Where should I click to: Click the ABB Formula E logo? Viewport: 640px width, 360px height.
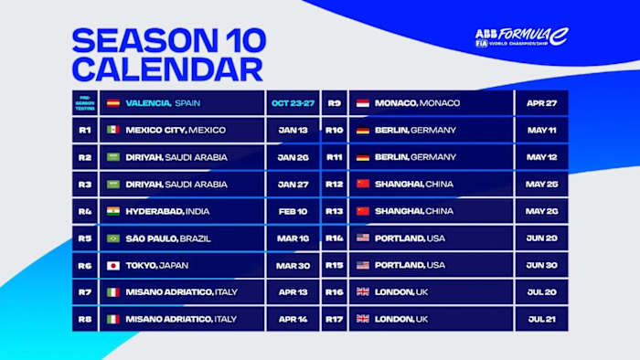(x=521, y=37)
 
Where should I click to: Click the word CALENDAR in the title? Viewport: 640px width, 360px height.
(x=167, y=69)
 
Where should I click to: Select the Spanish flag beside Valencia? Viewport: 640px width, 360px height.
(x=113, y=103)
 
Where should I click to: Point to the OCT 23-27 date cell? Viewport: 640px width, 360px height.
(x=292, y=103)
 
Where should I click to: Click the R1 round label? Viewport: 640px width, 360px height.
(x=84, y=130)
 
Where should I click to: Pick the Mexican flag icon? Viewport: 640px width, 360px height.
(x=113, y=130)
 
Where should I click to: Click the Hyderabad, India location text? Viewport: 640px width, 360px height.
(x=168, y=211)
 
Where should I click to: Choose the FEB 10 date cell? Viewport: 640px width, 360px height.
(x=292, y=211)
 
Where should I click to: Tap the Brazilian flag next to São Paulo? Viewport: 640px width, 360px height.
(x=113, y=238)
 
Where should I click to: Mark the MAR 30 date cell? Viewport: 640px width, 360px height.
(x=292, y=265)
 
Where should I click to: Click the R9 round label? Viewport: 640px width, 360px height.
(x=334, y=103)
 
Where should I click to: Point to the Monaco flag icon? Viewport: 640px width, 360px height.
(x=362, y=103)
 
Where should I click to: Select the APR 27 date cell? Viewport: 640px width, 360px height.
(x=541, y=103)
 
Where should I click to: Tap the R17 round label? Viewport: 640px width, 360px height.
(x=334, y=319)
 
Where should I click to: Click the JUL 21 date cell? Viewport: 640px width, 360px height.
(x=541, y=319)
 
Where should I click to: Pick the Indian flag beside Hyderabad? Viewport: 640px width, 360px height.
(x=113, y=211)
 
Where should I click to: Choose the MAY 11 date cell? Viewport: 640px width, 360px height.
(x=541, y=130)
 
